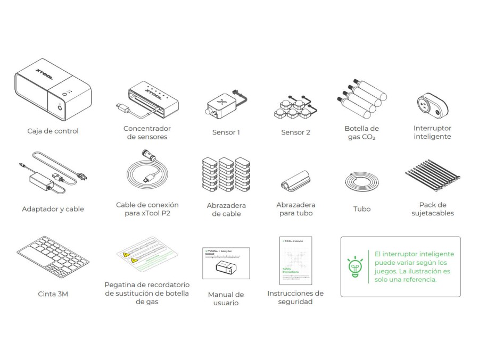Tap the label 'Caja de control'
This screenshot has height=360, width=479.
pos(53,131)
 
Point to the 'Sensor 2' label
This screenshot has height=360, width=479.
pos(295,132)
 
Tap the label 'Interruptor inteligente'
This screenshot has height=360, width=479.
pos(432,132)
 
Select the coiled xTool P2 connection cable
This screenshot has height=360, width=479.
pos(147,173)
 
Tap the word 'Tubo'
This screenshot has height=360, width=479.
pos(362,209)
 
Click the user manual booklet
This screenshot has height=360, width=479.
pos(226,263)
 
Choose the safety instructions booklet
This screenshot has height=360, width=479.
pos(295,260)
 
